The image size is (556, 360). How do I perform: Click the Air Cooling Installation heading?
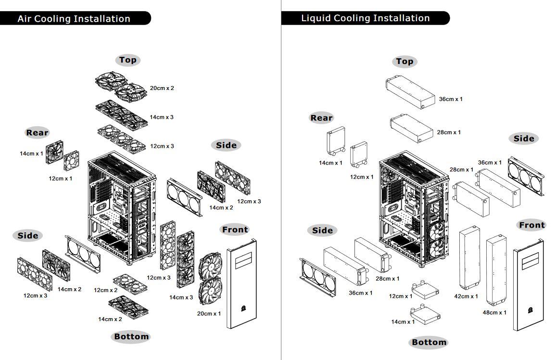click(x=74, y=19)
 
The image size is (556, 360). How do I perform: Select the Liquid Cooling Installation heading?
click(x=365, y=18)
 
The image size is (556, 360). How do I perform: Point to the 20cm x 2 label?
click(x=162, y=89)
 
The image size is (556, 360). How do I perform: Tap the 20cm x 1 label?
click(x=209, y=314)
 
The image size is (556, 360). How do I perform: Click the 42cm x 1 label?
click(x=466, y=296)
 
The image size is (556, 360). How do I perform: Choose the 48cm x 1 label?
click(x=494, y=313)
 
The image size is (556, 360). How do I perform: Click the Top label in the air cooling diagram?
click(x=127, y=60)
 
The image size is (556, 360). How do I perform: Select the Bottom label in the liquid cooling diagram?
click(x=429, y=343)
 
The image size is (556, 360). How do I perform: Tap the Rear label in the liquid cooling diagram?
click(x=321, y=118)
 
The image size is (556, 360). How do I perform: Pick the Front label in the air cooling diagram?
click(x=235, y=230)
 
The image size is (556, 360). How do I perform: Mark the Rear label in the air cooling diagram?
click(x=37, y=133)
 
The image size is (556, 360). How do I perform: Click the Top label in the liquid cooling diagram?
click(x=404, y=62)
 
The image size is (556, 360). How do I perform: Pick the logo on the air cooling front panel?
click(x=243, y=307)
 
